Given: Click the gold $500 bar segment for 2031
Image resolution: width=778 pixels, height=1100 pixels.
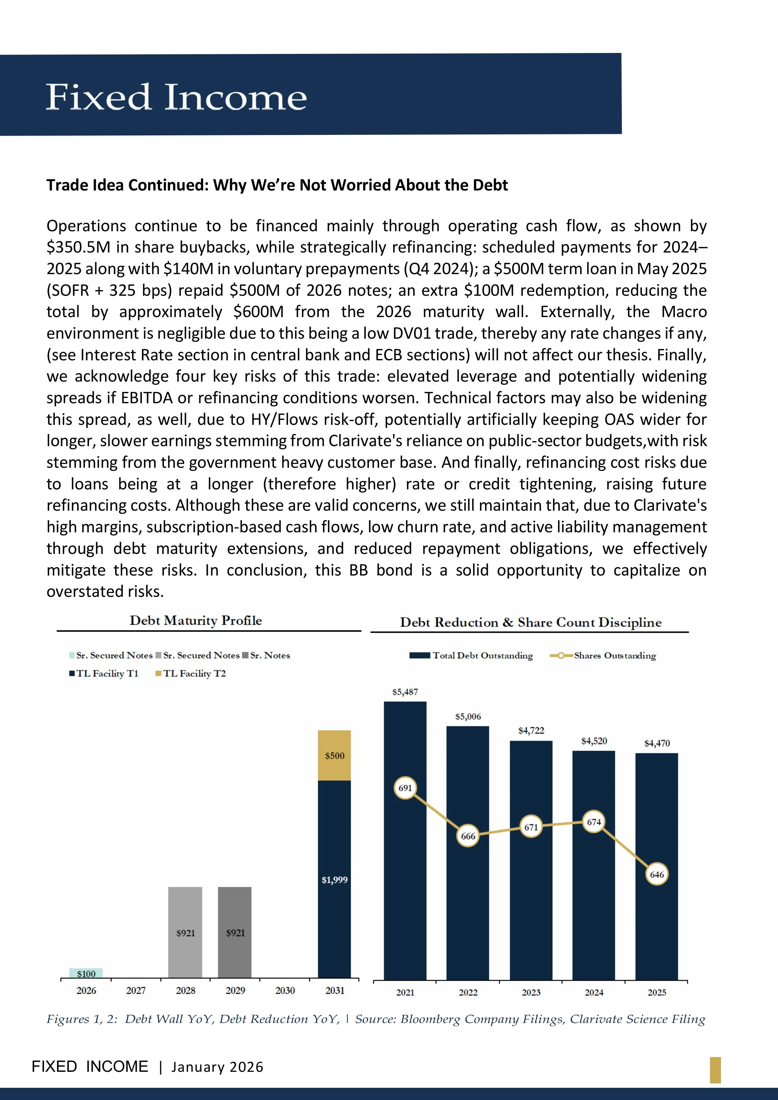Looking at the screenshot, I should (334, 756).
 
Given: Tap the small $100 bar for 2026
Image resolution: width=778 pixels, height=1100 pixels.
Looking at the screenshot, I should (86, 973).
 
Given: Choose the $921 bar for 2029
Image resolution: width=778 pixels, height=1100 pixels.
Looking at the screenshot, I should (235, 932).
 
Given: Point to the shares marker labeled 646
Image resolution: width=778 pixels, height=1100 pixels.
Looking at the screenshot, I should (657, 874).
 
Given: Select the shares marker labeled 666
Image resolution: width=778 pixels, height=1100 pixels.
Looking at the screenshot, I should (468, 836).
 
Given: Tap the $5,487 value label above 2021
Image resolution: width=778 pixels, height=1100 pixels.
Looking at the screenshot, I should (405, 692).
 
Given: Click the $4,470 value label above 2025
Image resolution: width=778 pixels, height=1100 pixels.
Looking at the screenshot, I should (657, 743).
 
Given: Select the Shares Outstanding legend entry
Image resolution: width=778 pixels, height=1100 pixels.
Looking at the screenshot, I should (604, 655).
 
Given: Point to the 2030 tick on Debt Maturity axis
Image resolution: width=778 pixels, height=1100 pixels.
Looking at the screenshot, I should (285, 990).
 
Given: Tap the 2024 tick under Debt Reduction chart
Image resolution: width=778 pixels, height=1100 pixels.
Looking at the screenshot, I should (594, 992).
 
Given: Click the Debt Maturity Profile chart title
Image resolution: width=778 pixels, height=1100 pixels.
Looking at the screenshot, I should (196, 620).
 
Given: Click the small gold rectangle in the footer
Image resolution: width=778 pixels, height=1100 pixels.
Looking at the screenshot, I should (715, 1070).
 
